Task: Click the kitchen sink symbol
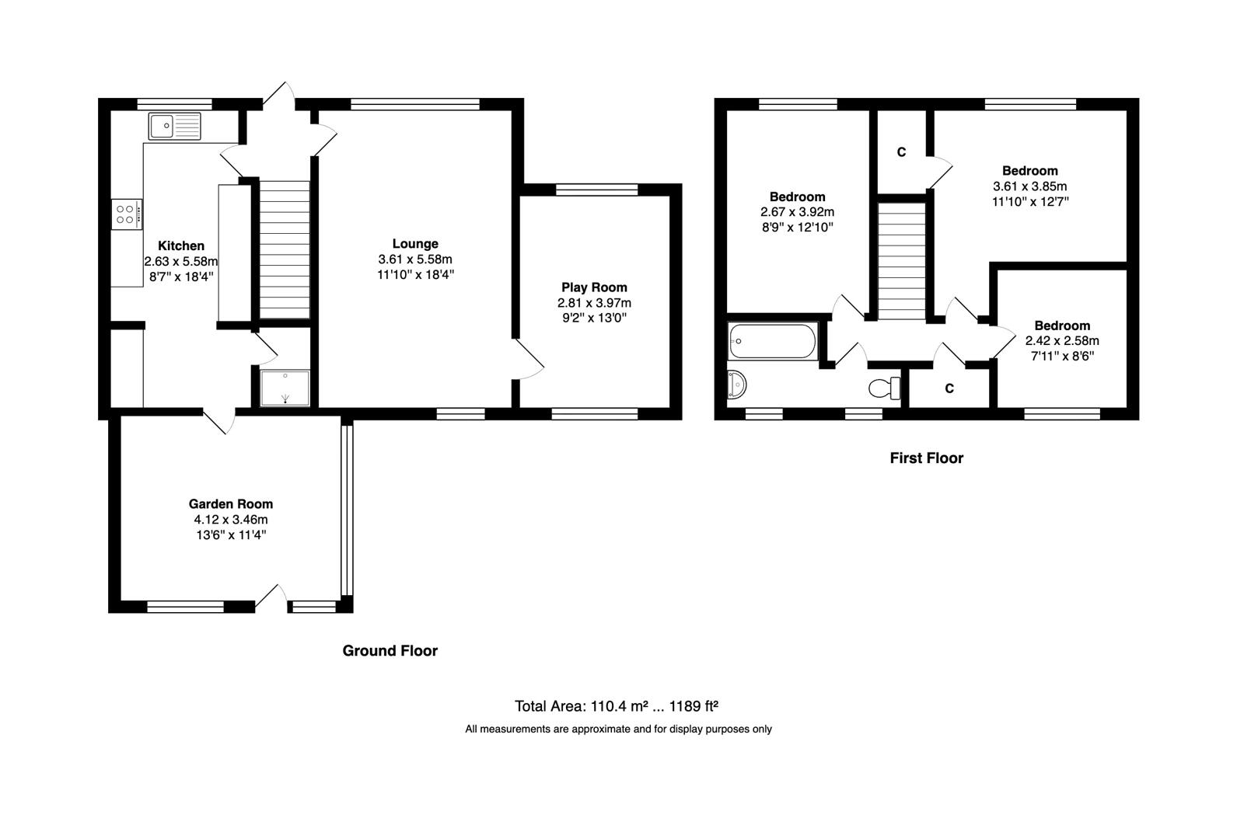point(174,126)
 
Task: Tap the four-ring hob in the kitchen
point(127,214)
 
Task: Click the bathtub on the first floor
point(772,342)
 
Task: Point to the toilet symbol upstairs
point(885,387)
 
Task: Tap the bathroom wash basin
point(736,385)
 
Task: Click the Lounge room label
point(415,244)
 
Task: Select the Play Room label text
point(594,287)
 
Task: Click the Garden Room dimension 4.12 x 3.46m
point(231,520)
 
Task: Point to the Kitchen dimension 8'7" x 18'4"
point(181,277)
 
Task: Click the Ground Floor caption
point(390,651)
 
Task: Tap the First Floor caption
point(926,458)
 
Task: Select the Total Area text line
point(616,706)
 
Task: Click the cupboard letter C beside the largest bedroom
point(901,152)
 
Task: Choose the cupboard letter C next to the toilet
point(949,388)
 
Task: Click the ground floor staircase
point(284,249)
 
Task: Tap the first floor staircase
point(902,260)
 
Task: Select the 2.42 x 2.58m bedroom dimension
point(1062,341)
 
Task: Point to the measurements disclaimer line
point(618,729)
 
